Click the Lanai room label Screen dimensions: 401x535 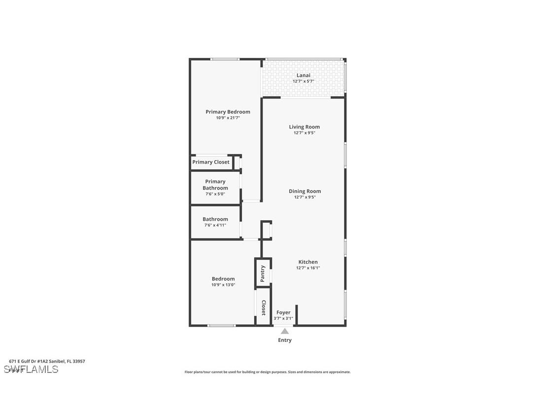303,75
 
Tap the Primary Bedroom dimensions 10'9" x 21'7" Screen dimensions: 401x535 228,118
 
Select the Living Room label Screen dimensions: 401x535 304,127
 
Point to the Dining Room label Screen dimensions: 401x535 304,191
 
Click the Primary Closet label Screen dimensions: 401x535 211,162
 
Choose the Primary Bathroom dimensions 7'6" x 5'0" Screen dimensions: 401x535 215,194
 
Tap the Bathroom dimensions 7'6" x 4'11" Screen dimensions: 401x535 215,225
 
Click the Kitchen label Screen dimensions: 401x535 308,262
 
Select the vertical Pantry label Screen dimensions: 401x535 263,273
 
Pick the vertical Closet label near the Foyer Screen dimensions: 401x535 264,307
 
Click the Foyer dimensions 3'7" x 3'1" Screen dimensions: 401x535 283,318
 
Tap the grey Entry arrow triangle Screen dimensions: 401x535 285,332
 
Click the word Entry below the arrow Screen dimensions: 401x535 285,340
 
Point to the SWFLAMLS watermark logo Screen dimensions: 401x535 31,369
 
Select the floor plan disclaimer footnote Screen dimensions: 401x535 267,372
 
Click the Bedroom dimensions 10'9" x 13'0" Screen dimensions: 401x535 223,285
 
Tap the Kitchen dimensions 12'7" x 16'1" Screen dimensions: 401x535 308,268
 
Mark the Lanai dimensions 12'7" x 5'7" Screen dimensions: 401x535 303,81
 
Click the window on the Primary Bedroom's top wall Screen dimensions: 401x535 225,59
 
